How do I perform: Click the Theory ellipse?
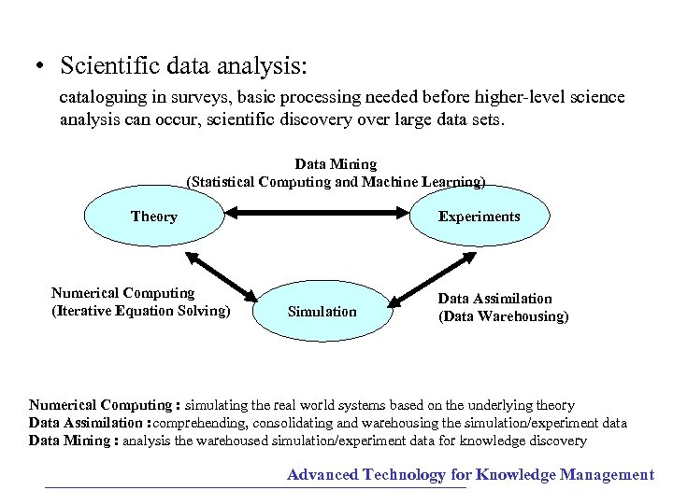pyautogui.click(x=154, y=217)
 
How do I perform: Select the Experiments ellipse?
pyautogui.click(x=480, y=217)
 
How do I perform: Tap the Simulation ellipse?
pyautogui.click(x=322, y=312)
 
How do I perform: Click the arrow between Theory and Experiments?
pyautogui.click(x=317, y=216)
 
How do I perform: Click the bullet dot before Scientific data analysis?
pyautogui.click(x=40, y=68)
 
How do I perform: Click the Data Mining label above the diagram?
pyautogui.click(x=336, y=163)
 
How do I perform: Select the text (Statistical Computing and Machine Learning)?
pyautogui.click(x=336, y=181)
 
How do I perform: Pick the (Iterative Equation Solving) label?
pyautogui.click(x=140, y=311)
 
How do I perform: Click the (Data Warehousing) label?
pyautogui.click(x=503, y=316)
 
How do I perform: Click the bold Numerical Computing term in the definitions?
pyautogui.click(x=100, y=406)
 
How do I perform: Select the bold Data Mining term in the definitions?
pyautogui.click(x=69, y=441)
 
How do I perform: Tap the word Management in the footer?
pyautogui.click(x=607, y=475)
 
